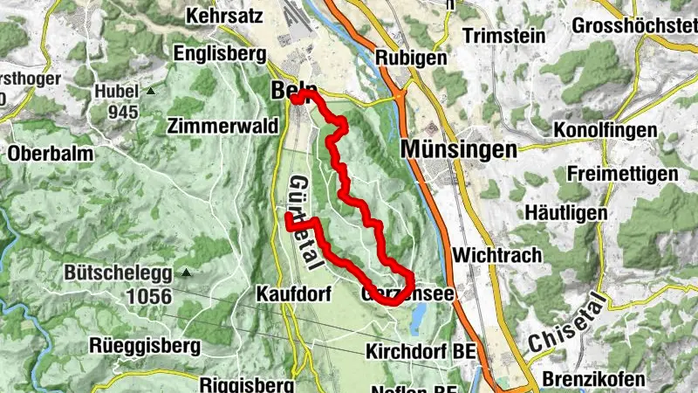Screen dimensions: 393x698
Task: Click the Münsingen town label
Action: (x=459, y=150)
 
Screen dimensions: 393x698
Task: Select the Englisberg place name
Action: (x=220, y=54)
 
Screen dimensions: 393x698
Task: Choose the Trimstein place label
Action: (x=505, y=36)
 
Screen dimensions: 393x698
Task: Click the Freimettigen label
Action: (x=622, y=174)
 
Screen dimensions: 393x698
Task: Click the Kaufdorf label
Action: (x=294, y=294)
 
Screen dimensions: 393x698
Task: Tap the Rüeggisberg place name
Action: (x=145, y=345)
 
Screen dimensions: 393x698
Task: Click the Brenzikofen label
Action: (x=592, y=379)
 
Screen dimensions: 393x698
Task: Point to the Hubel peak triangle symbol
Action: (x=151, y=91)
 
